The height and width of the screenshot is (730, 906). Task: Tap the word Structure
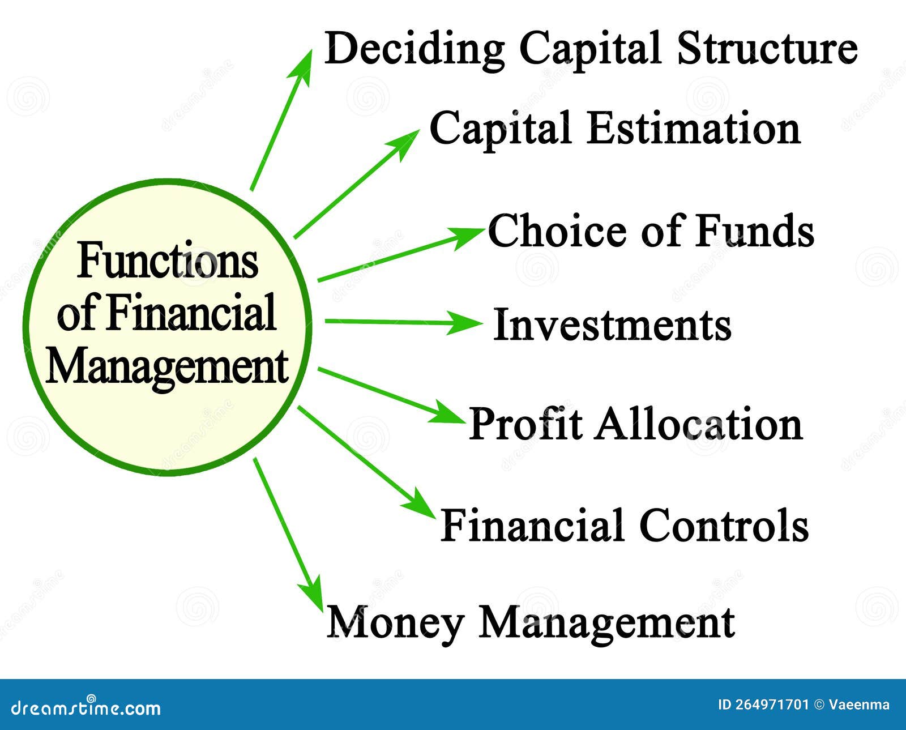(767, 49)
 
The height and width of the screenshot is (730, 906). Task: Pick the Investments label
(612, 325)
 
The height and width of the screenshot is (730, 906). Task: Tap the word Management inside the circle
(166, 367)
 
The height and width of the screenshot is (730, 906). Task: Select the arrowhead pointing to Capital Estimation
(408, 139)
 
